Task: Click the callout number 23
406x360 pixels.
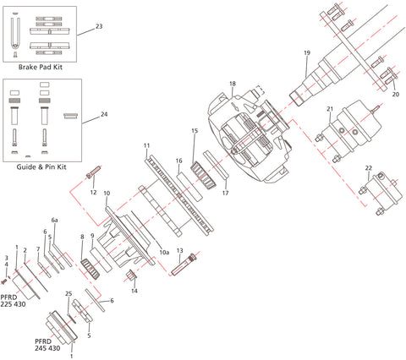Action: point(99,26)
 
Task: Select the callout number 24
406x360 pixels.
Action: point(104,113)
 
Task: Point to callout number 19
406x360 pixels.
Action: point(307,53)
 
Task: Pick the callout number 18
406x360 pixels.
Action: point(232,84)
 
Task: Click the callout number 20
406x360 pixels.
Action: point(394,95)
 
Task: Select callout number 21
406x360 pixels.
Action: point(331,107)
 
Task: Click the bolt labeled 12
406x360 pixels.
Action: point(92,177)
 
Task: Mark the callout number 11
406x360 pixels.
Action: point(146,146)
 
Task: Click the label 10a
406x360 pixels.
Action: point(165,252)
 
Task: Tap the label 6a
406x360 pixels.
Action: point(55,219)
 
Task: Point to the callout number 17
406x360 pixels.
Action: point(225,193)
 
